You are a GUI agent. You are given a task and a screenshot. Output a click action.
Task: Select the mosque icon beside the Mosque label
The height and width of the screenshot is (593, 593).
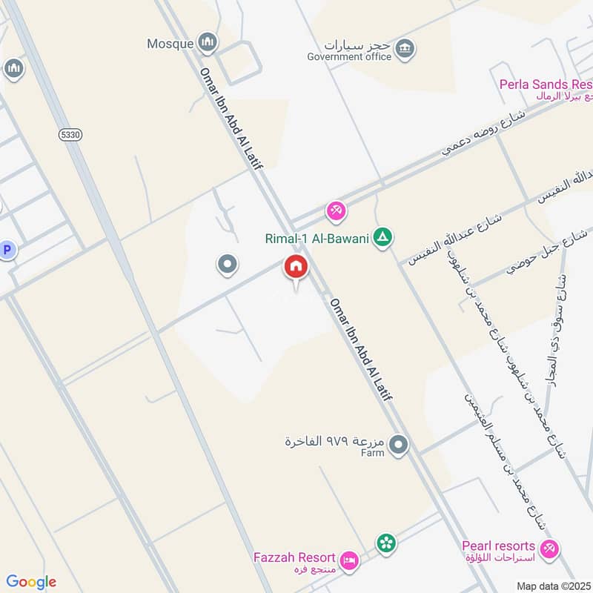pyautogui.click(x=209, y=42)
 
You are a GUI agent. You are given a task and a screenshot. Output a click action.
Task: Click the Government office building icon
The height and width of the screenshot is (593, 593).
pyautogui.click(x=405, y=50)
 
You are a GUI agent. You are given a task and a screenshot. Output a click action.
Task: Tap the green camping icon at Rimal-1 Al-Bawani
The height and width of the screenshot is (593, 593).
pyautogui.click(x=383, y=238)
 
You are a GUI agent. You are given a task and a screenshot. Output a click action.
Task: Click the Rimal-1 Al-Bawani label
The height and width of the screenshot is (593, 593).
pyautogui.click(x=317, y=239)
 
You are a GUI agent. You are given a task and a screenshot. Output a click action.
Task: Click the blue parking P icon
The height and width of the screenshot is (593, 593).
pyautogui.click(x=7, y=251)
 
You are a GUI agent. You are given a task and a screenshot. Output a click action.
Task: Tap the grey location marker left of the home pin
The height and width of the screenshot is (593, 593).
pyautogui.click(x=228, y=264)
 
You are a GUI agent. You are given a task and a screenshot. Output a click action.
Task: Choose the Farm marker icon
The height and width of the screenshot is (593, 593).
pyautogui.click(x=399, y=445)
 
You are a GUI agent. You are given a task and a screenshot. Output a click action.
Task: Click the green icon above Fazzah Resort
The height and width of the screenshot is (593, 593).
pyautogui.click(x=385, y=544)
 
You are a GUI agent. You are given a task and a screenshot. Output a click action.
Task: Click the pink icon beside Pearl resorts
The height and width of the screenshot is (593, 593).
pyautogui.click(x=549, y=549)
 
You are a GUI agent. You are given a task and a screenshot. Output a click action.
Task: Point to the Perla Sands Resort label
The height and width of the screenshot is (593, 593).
pyautogui.click(x=546, y=85)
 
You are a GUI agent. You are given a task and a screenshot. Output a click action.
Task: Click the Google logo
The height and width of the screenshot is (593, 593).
pyautogui.click(x=30, y=582)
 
